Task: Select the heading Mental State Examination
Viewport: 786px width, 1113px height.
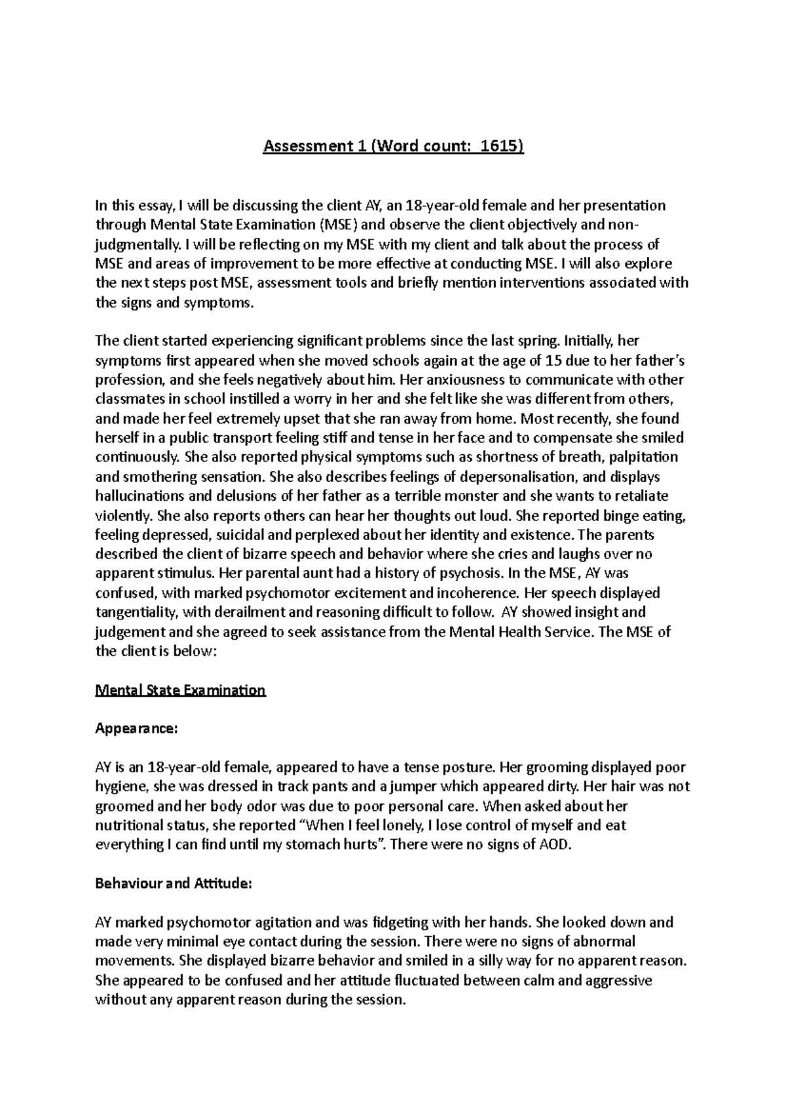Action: (180, 690)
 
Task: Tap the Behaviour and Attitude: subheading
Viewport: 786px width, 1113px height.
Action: (173, 883)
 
